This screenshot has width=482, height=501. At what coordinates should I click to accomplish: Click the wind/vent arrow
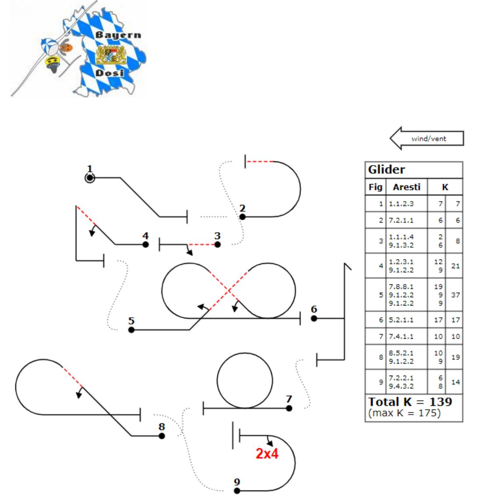pos(427,139)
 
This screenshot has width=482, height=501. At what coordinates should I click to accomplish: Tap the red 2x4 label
pos(267,454)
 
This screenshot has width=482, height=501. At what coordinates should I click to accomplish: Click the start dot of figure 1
pos(90,178)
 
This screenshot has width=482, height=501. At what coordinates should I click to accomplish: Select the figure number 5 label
pos(131,320)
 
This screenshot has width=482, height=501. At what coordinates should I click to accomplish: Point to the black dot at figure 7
pos(289,408)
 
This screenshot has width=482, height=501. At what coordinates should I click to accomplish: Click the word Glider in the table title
pos(386,170)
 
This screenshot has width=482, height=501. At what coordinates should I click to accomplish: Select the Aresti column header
pos(406,187)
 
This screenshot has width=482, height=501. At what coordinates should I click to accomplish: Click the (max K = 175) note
pos(404,413)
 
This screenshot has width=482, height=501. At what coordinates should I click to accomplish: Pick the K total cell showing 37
pos(456,295)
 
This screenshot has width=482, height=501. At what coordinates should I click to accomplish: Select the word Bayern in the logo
pos(119,35)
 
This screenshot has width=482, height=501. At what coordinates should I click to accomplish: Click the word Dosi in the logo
pos(110,72)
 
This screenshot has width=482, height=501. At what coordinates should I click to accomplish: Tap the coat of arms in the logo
pos(111,56)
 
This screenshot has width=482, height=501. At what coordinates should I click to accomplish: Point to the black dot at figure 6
pos(314,318)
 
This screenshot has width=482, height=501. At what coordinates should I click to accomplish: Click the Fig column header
pos(376,187)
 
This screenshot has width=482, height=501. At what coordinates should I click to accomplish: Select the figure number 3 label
pos(217,236)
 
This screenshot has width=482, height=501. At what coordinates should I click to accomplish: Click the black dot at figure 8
pos(162,436)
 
